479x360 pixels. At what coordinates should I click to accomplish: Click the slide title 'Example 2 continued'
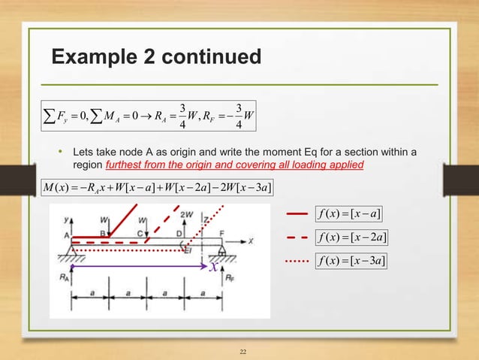tap(155, 57)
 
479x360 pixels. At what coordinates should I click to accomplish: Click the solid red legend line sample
tap(297, 216)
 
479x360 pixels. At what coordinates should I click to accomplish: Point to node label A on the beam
tap(68, 233)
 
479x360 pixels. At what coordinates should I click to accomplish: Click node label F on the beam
tap(221, 233)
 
